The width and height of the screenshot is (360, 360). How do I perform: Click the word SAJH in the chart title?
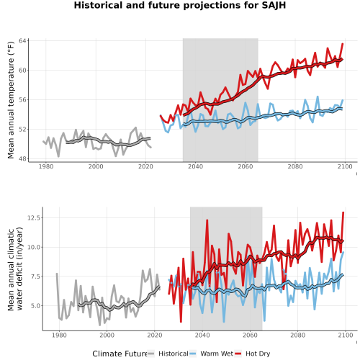tap(274, 5)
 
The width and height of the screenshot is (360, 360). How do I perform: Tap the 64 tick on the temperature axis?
tap(22, 41)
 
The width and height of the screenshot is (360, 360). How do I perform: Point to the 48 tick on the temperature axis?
tap(22, 159)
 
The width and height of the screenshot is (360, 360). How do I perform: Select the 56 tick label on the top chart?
tap(22, 100)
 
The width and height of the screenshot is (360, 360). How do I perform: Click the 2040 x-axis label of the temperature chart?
tap(195, 166)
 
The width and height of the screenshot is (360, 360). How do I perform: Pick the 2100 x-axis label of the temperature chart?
tap(345, 166)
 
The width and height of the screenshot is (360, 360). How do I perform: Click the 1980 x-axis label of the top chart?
tap(46, 166)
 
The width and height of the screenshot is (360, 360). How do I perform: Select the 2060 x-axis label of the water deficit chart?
tap(250, 335)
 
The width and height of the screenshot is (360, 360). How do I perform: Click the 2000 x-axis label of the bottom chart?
tap(107, 335)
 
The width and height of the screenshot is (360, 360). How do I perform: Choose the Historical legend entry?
tap(168, 354)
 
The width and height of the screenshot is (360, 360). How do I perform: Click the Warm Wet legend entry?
tap(211, 354)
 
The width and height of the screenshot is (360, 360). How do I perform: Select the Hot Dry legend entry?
tap(252, 354)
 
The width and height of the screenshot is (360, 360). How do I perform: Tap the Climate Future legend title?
tap(120, 354)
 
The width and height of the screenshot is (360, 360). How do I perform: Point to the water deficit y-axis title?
tap(15, 269)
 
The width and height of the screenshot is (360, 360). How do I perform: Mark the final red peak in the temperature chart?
tap(343, 44)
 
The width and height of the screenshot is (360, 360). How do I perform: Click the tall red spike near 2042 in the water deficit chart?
tap(207, 220)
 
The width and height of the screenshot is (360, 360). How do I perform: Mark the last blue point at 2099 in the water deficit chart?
tap(343, 252)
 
